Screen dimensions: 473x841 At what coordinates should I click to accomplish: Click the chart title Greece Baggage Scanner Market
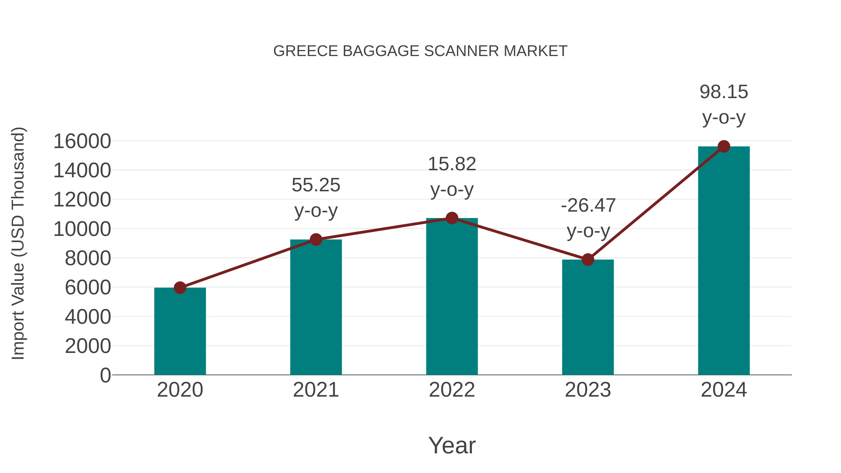[x=420, y=51]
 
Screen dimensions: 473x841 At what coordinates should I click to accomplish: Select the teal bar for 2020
[x=180, y=331]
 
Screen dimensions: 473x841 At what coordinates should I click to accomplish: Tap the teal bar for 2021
[x=316, y=307]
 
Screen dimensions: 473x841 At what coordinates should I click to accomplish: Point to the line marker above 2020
[x=180, y=288]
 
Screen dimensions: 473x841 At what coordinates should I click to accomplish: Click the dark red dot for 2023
[x=588, y=260]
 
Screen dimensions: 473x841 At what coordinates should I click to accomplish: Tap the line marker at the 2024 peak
[x=724, y=146]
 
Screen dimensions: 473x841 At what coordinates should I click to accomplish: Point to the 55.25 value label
[x=316, y=185]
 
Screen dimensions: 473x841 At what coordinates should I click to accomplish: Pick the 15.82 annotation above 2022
[x=452, y=164]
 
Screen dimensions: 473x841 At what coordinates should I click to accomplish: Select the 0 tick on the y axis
[x=105, y=375]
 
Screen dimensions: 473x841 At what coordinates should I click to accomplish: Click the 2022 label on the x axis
[x=452, y=390]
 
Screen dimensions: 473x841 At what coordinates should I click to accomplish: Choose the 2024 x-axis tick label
[x=724, y=390]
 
